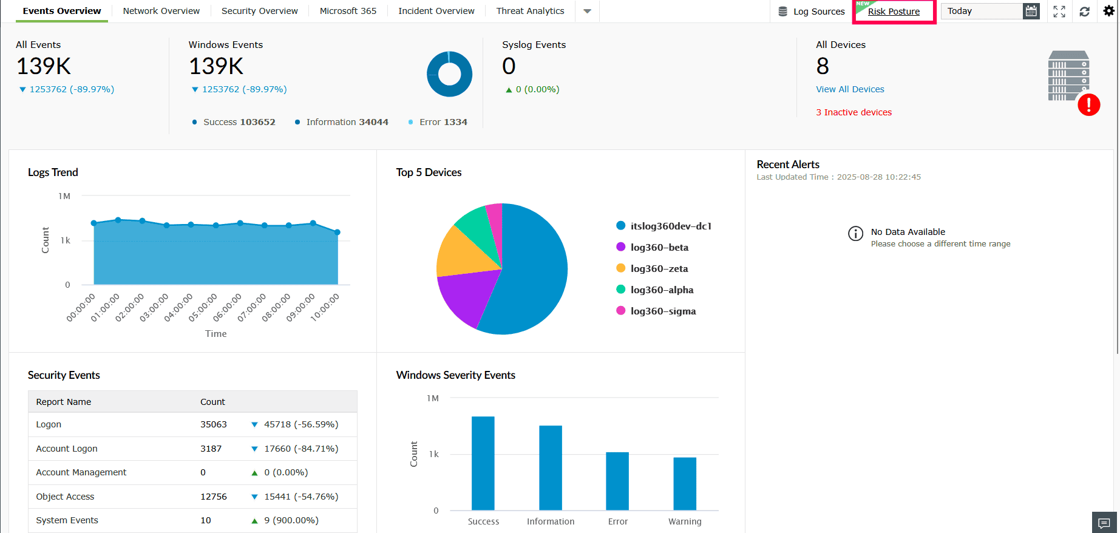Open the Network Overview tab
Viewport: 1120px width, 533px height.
point(161,11)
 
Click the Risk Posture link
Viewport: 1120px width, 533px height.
point(894,12)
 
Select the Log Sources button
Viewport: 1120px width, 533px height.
point(812,12)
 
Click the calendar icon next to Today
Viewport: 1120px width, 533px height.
point(1031,11)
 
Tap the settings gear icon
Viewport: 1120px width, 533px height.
point(1108,11)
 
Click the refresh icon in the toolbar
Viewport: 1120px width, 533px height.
point(1084,12)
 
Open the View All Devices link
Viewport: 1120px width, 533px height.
point(850,89)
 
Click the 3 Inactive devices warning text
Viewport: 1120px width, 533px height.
point(854,112)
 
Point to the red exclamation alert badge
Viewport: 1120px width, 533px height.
point(1088,105)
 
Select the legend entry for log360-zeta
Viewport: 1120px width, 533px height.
point(659,268)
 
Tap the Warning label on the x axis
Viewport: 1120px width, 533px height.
point(685,521)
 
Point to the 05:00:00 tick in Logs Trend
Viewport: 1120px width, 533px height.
point(203,307)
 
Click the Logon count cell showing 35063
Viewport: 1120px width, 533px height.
point(214,424)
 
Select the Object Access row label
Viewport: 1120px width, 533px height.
point(65,497)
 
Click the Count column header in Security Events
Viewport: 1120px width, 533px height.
point(212,402)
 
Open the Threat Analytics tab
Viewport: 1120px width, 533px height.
point(530,11)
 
